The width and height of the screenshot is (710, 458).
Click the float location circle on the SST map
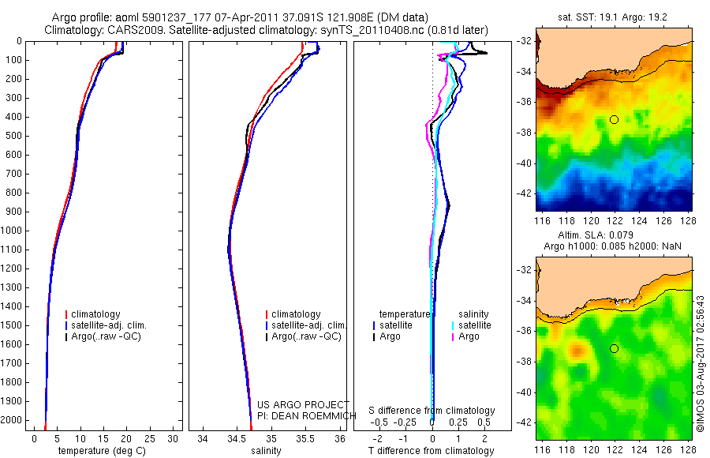614,119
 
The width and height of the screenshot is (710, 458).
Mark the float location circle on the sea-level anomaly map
614,348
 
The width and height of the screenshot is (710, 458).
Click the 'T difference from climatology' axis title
432,451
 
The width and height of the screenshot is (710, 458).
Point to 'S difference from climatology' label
432,411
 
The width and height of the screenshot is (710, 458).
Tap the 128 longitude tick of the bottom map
686,449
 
